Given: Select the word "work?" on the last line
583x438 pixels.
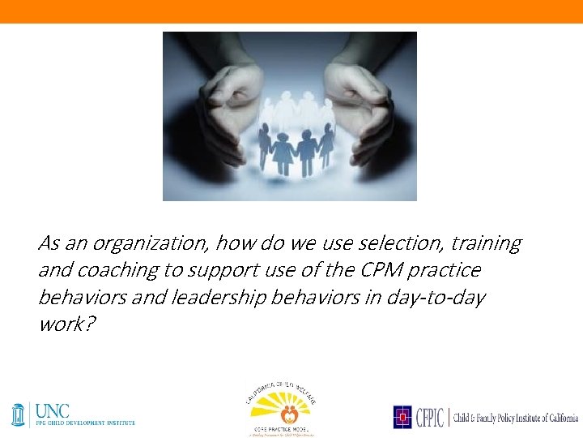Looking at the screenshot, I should pyautogui.click(x=62, y=324).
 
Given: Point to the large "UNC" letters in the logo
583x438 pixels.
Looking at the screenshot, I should pyautogui.click(x=52, y=412).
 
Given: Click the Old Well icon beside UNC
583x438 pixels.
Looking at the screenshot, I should pyautogui.click(x=19, y=414).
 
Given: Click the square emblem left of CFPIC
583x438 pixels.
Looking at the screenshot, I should pyautogui.click(x=402, y=417).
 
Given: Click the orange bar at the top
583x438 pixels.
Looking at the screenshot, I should pyautogui.click(x=291, y=11).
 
